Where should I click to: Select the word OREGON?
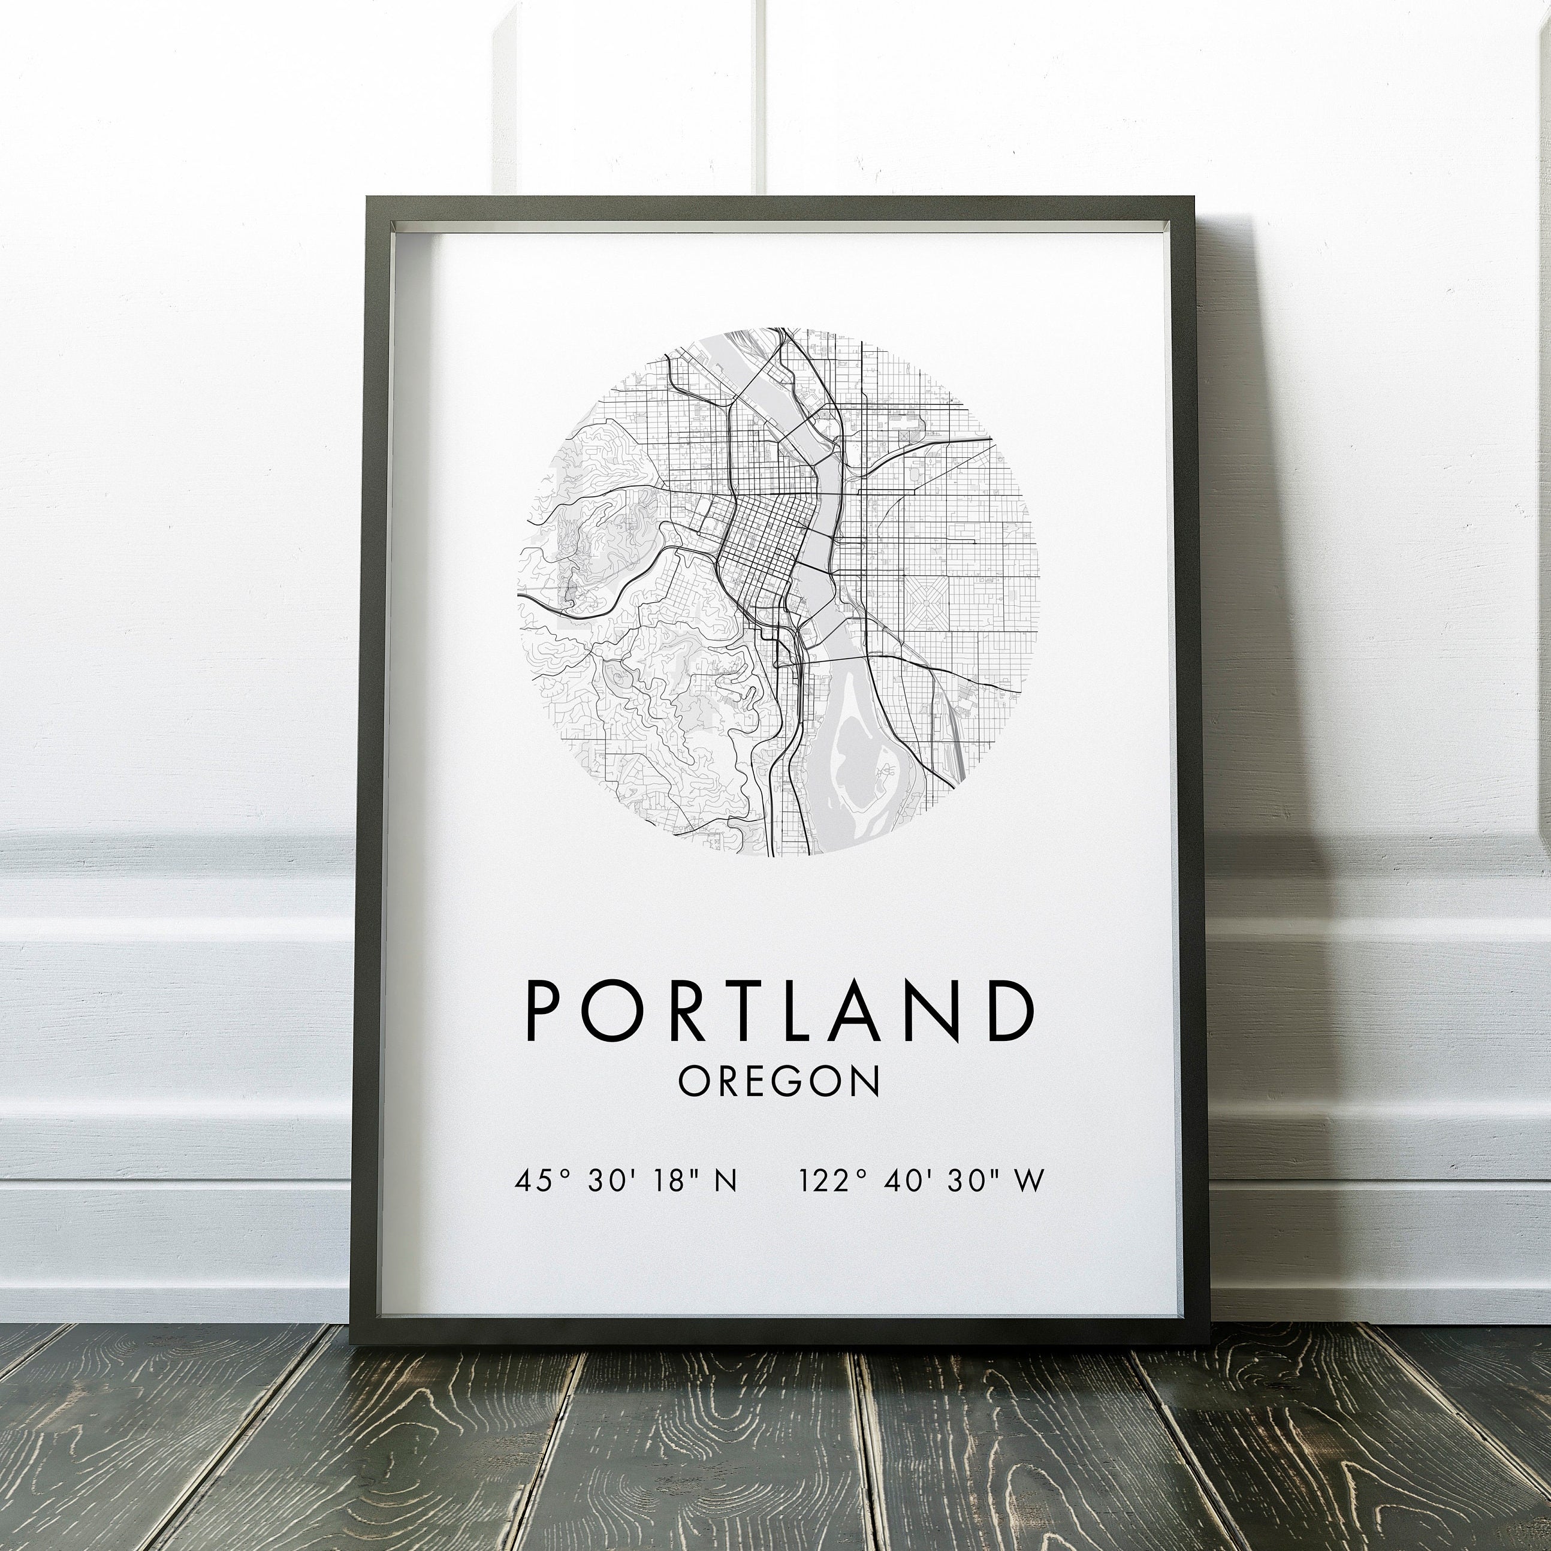[x=778, y=1081]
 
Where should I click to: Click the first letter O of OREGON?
[x=693, y=1081]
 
